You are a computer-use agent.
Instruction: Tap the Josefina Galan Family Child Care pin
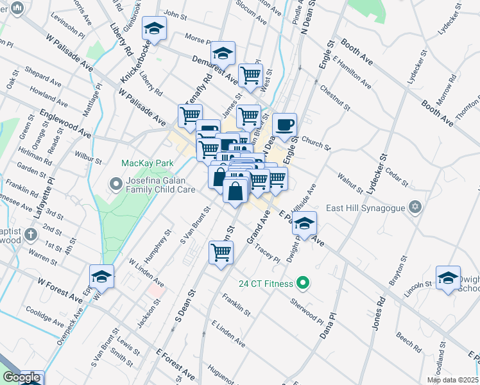point(116,185)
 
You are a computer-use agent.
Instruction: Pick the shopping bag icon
point(236,191)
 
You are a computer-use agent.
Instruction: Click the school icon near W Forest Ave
point(101,277)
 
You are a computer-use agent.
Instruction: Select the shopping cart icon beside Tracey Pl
point(221,252)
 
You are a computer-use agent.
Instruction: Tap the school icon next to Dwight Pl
point(305,223)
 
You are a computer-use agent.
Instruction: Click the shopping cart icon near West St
point(250,76)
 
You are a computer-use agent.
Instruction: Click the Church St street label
point(314,142)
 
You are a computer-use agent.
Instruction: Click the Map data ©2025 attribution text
point(452,380)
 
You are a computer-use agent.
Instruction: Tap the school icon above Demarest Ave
point(223,53)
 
